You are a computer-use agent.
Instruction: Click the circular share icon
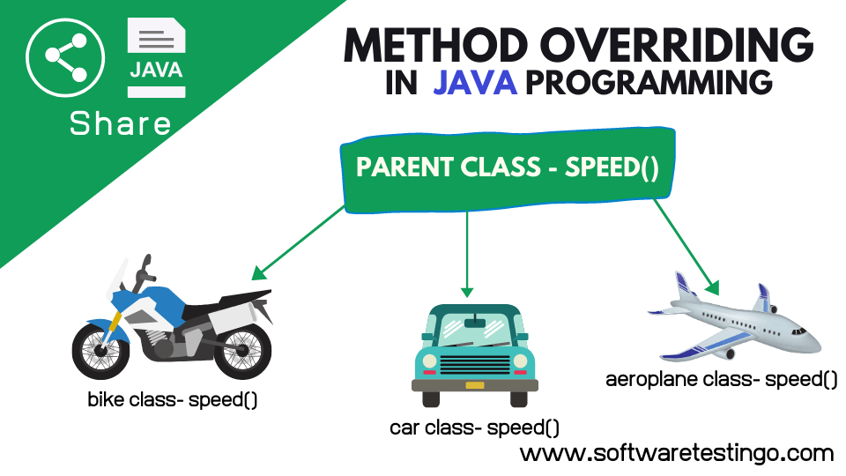click(60, 58)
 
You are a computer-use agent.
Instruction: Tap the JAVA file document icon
click(156, 56)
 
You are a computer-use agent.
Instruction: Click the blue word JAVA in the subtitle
click(474, 82)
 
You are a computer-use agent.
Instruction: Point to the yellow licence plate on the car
click(474, 384)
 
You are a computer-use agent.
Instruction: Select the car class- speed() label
click(474, 428)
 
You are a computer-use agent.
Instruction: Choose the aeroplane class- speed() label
click(721, 380)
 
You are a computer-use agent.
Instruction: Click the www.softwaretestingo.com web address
click(676, 453)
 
